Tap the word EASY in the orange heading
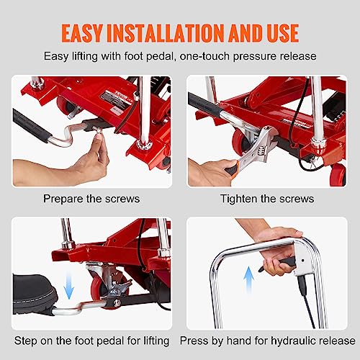pos(82,33)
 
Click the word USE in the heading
pos(283,33)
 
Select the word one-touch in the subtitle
pos(204,56)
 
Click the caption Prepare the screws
pos(91,199)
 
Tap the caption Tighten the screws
pos(267,199)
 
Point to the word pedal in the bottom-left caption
pos(110,341)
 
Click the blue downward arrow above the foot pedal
pos(69,286)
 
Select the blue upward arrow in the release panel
pos(248,279)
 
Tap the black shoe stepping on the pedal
pos(35,294)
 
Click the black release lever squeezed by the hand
pos(279,265)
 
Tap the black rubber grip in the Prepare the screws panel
pos(31,125)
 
